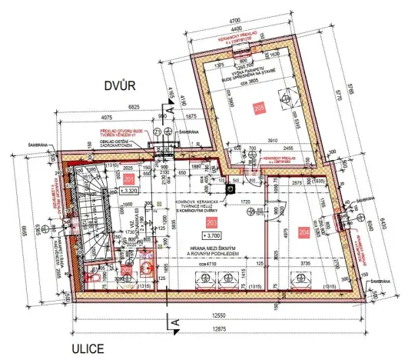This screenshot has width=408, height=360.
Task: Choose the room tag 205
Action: pos(260,109)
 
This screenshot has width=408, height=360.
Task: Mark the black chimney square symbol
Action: pos(230,189)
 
